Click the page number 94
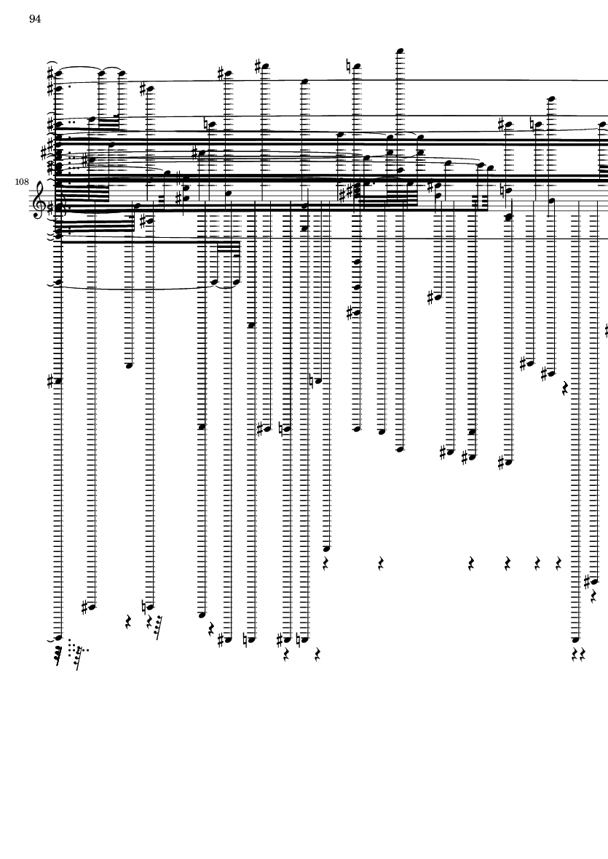(x=35, y=19)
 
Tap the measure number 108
(x=21, y=181)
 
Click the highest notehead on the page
(x=399, y=51)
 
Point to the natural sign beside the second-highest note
(x=349, y=66)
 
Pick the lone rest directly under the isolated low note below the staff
(x=325, y=563)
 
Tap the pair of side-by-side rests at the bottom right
(x=578, y=655)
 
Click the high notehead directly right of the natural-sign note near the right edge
(x=550, y=98)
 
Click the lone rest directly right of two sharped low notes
(x=565, y=389)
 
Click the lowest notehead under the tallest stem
(x=399, y=450)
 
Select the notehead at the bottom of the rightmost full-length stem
(x=575, y=639)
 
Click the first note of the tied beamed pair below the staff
(x=216, y=281)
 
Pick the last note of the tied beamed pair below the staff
(x=236, y=281)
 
